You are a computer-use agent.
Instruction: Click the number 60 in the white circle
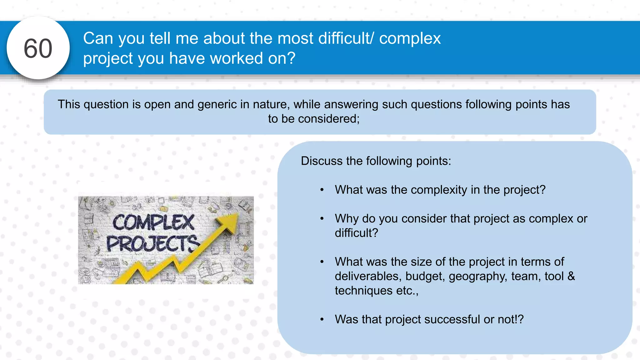38,48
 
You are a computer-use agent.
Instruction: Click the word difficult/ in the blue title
345,38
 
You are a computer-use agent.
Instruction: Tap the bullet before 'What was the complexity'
322,190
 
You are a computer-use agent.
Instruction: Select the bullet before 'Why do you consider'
322,219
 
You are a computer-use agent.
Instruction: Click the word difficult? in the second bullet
356,233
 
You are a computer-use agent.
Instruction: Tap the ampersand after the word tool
571,276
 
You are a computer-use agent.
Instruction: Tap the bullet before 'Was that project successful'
322,319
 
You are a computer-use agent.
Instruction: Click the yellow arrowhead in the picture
230,223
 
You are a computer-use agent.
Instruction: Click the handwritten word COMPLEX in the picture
153,222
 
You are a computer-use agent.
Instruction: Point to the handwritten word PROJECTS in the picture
152,244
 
